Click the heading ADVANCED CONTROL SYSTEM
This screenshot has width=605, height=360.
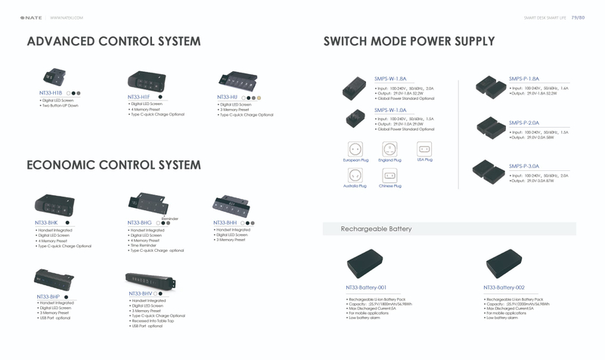(x=113, y=41)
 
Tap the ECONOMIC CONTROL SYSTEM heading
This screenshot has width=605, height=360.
(x=113, y=165)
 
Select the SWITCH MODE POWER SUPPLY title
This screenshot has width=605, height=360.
(x=408, y=41)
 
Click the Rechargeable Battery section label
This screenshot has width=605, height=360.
(x=376, y=228)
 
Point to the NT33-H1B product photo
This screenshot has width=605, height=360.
(x=53, y=78)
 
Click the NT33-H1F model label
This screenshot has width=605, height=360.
(x=138, y=97)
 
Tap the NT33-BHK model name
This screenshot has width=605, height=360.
(x=46, y=223)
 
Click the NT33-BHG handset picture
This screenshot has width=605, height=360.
(x=148, y=203)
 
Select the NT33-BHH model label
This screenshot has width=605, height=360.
(x=225, y=223)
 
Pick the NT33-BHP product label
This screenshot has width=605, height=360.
(x=48, y=296)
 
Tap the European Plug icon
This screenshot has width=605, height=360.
(x=355, y=149)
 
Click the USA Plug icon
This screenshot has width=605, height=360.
(x=424, y=148)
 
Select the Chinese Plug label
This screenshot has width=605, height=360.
(x=389, y=186)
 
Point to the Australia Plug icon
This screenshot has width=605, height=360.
(x=355, y=175)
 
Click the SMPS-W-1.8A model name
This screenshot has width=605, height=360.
(x=390, y=79)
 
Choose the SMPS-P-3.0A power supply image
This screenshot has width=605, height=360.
(x=489, y=172)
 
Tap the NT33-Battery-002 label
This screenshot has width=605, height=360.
(x=504, y=287)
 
